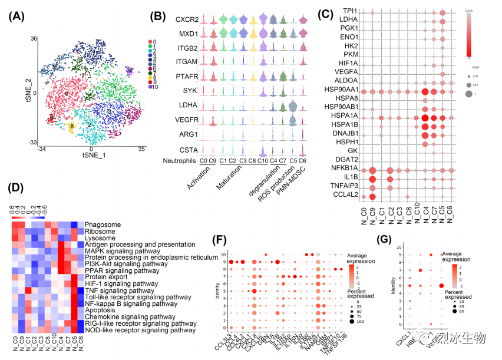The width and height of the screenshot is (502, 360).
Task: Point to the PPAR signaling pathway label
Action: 121,270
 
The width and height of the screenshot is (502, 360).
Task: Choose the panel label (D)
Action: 18,188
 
